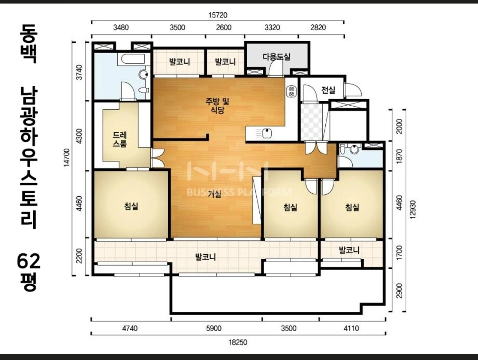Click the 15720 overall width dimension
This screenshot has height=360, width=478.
tap(218, 15)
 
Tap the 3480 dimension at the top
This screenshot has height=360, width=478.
tap(121, 27)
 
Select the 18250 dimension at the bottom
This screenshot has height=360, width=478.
tap(238, 342)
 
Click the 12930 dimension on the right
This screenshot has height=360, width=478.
tap(413, 210)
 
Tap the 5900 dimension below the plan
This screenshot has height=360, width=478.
tap(214, 328)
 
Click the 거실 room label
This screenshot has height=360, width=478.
tap(215, 194)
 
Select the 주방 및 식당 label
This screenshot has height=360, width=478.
tap(217, 105)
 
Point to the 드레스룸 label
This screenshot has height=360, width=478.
tap(120, 139)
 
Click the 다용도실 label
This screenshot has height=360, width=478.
tap(277, 57)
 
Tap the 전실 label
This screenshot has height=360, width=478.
tap(328, 90)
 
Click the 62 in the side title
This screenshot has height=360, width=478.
tap(28, 261)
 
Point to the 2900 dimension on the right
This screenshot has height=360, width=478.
tap(400, 291)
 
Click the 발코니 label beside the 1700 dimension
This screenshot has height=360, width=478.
tap(349, 250)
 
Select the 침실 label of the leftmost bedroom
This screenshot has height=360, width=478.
tap(131, 206)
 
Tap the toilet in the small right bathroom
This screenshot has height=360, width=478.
tap(354, 149)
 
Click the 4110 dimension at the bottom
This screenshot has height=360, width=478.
tap(351, 328)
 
